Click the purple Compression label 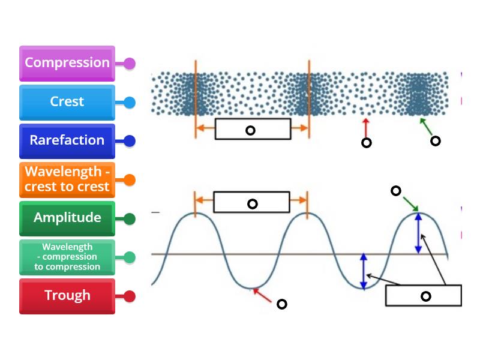coord(67,63)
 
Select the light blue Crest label coord(67,102)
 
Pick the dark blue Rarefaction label coord(67,140)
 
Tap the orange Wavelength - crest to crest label coord(67,179)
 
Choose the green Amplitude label coord(67,218)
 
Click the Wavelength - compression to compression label coord(67,257)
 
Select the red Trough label coord(67,296)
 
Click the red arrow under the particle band coord(365,127)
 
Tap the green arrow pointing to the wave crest coord(411,203)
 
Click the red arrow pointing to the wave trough coord(263,294)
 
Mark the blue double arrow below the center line coord(363,271)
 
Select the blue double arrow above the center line coord(419,233)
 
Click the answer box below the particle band coord(253,130)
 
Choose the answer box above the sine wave coord(252,203)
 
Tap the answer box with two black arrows coord(423,295)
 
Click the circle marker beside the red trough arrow coord(281,304)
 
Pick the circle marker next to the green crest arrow coord(396,191)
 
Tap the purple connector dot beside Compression coord(129,64)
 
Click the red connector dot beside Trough coord(129,296)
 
